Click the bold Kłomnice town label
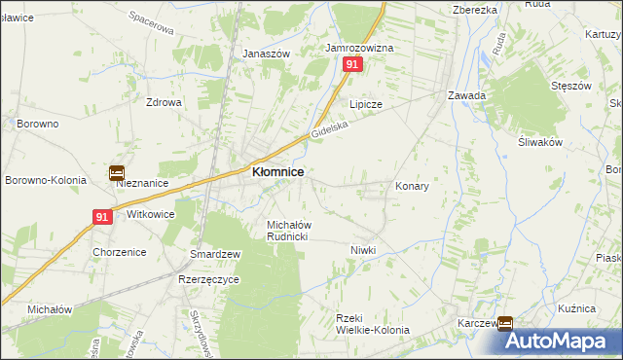coord(277,171)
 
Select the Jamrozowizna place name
coord(358,48)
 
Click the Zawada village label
coord(466,96)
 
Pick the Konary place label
coord(412,186)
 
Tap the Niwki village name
coord(362,250)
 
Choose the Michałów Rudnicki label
coord(288,231)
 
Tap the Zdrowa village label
coord(164,102)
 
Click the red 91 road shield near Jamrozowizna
coord(352,64)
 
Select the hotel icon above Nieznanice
coord(117,173)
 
